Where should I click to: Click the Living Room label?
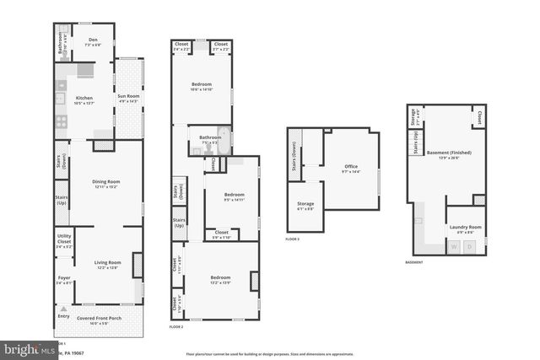pyautogui.click(x=107, y=264)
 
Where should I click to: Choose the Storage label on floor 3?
pyautogui.click(x=305, y=205)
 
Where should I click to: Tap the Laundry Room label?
pyautogui.click(x=466, y=227)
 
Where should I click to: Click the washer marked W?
pyautogui.click(x=455, y=246)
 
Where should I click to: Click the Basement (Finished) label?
pyautogui.click(x=448, y=154)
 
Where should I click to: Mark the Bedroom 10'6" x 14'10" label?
pyautogui.click(x=201, y=86)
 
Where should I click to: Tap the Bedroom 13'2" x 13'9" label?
pyautogui.click(x=219, y=279)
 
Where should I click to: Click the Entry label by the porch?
pyautogui.click(x=62, y=317)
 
